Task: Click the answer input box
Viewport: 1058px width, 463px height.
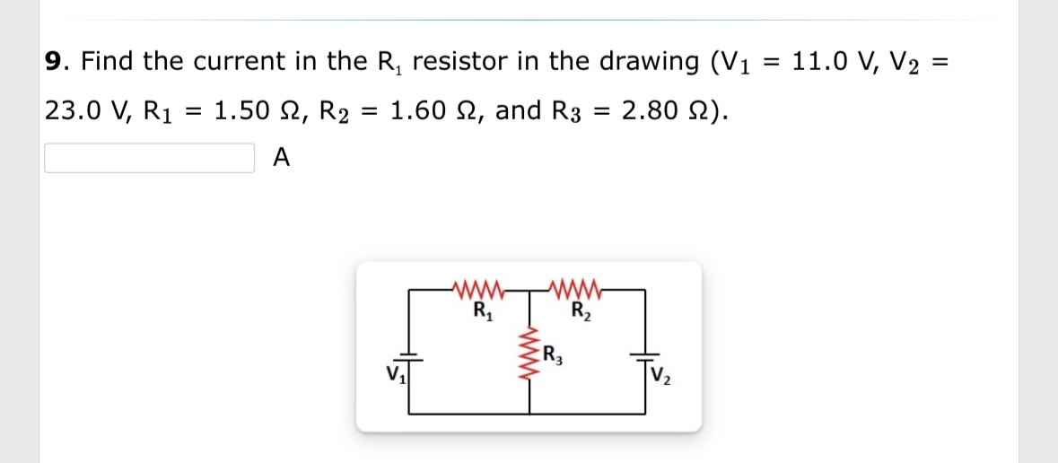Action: click(149, 158)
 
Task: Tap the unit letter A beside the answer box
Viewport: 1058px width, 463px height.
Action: click(281, 158)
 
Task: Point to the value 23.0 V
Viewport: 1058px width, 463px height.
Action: click(80, 111)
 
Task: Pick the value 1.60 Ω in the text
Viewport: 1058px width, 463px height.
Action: click(432, 111)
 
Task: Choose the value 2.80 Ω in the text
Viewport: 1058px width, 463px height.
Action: click(660, 111)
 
